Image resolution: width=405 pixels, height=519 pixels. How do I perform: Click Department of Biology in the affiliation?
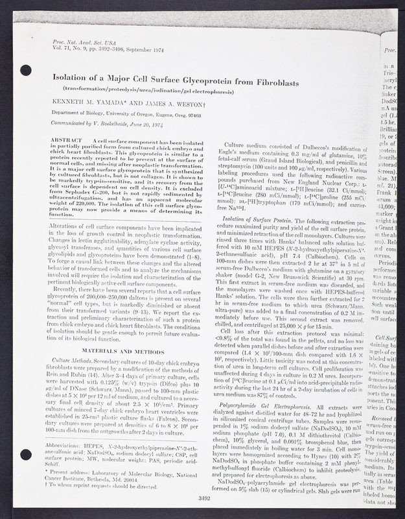click(80, 114)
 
